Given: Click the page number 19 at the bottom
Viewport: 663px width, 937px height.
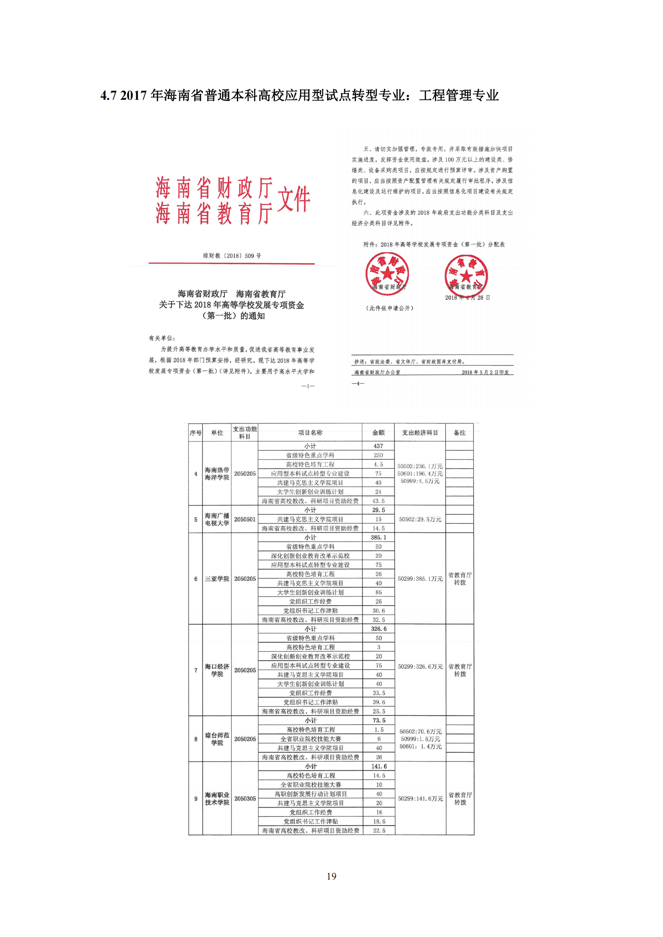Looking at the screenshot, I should [x=331, y=876].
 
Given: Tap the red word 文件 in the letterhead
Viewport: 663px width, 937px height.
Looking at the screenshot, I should [x=293, y=199].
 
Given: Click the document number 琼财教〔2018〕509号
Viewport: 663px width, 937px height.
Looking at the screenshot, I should [x=232, y=256].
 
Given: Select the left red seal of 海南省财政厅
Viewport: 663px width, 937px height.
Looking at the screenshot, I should [x=387, y=274].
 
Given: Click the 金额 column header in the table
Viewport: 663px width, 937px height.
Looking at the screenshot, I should [x=378, y=433].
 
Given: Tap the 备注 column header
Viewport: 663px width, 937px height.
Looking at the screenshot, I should [x=459, y=433].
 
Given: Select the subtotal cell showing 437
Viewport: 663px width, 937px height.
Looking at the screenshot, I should [x=378, y=446].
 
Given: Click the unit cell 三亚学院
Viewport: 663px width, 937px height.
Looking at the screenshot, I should [x=217, y=579].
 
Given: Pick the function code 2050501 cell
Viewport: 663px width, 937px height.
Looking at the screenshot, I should [x=245, y=520].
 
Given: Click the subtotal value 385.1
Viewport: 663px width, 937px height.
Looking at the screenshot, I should [x=378, y=538].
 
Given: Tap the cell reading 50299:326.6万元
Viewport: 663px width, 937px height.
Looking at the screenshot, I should [x=420, y=667].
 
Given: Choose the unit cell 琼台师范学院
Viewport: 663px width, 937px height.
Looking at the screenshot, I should [x=217, y=739].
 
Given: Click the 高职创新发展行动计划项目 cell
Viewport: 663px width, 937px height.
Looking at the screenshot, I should [x=310, y=794].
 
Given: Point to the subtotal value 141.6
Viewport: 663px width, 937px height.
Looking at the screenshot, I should [x=379, y=766].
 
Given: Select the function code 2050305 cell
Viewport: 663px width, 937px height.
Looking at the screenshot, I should [x=245, y=799].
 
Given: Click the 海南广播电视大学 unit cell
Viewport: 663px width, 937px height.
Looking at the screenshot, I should [x=217, y=520].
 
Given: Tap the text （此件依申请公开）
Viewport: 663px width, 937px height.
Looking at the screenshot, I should [x=390, y=308].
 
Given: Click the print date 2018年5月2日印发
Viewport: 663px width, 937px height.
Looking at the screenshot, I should [x=485, y=372].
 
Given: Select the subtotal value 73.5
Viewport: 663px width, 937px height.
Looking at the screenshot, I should [x=379, y=720].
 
